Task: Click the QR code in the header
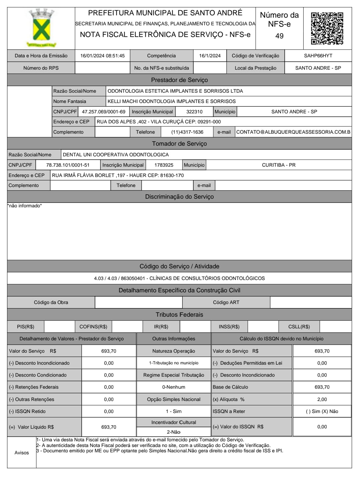pyautogui.click(x=327, y=28)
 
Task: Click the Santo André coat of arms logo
pyautogui.click(x=41, y=28)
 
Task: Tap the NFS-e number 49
pyautogui.click(x=279, y=36)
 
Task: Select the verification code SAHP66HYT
pyautogui.click(x=318, y=56)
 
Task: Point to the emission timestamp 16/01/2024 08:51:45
pyautogui.click(x=102, y=56)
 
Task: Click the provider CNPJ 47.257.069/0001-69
pyautogui.click(x=104, y=112)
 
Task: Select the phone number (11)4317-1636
pyautogui.click(x=187, y=132)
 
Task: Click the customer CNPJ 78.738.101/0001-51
pyautogui.click(x=68, y=165)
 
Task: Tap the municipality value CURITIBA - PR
pyautogui.click(x=279, y=165)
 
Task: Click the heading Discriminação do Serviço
pyautogui.click(x=179, y=197)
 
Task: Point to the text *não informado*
pyautogui.click(x=25, y=206)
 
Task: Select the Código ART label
pyautogui.click(x=226, y=302)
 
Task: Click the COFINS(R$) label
pyautogui.click(x=93, y=327)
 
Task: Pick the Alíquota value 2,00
pyautogui.click(x=322, y=399)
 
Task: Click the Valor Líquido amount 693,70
pyautogui.click(x=109, y=427)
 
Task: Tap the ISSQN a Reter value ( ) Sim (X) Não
pyautogui.click(x=322, y=411)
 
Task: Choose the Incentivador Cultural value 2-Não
pyautogui.click(x=174, y=432)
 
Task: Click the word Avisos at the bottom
pyautogui.click(x=22, y=453)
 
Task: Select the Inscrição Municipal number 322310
pyautogui.click(x=194, y=112)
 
